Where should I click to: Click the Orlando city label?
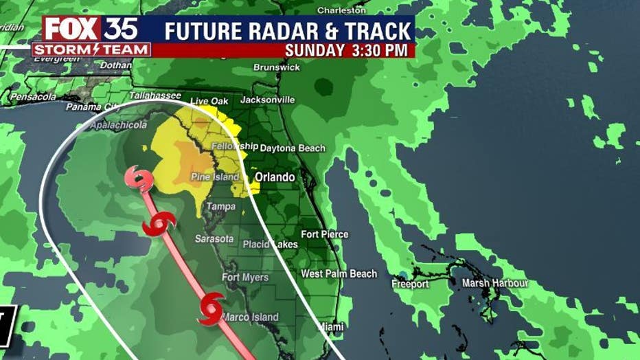coord(275,177)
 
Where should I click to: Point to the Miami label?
coord(330,327)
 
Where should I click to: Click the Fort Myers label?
coord(245,278)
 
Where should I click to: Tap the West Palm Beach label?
coord(339,274)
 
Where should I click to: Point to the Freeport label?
coord(410,284)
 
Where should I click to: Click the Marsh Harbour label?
coord(494,283)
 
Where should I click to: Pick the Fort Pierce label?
coord(324,234)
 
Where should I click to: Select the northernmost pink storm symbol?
coord(139,179)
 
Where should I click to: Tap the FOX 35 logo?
coord(91,29)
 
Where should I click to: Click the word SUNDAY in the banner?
coord(315,50)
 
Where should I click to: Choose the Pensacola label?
coord(32,97)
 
